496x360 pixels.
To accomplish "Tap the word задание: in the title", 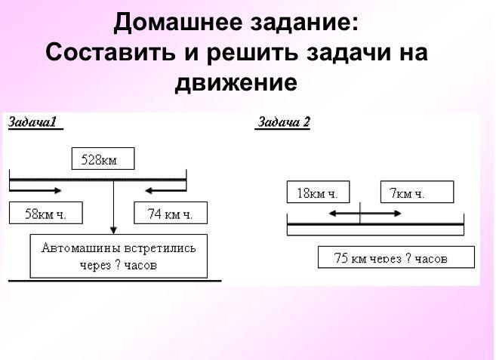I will click(301, 24).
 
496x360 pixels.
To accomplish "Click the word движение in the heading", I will click(236, 82).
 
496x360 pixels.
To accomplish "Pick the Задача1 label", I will click(35, 123).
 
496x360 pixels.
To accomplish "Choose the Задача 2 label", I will click(284, 123).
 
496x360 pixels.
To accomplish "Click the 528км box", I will click(103, 159).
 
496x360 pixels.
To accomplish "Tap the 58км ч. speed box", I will click(46, 214).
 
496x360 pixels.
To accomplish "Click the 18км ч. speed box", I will click(317, 192).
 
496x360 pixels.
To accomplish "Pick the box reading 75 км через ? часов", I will click(396, 257).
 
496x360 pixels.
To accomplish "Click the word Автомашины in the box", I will click(76, 248).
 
